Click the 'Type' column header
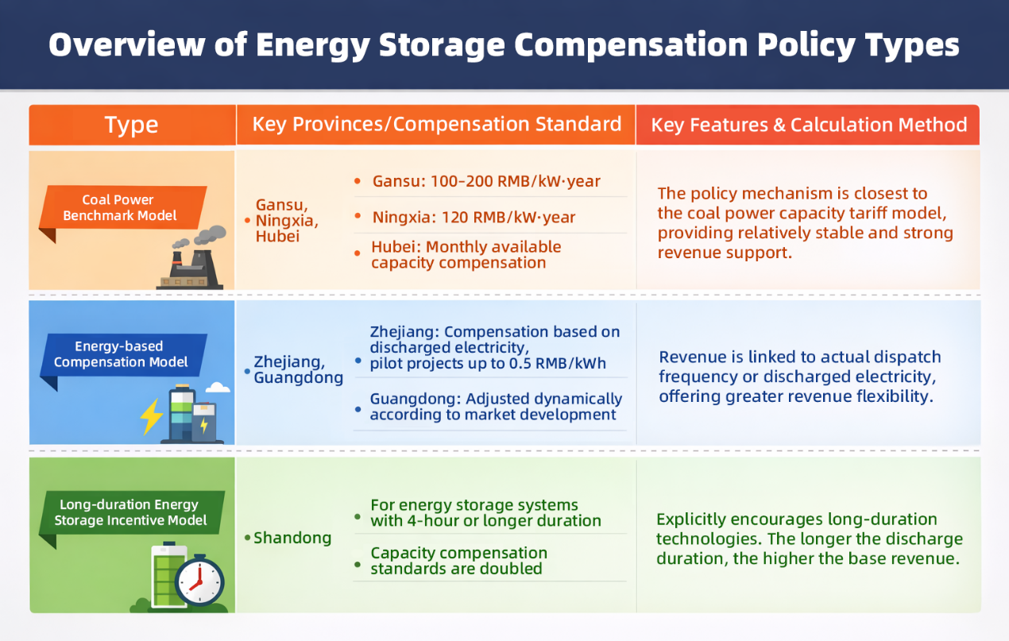[x=131, y=125]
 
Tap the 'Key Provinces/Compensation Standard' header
[x=436, y=125]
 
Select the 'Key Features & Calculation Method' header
[x=809, y=125]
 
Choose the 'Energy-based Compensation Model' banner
[x=120, y=354]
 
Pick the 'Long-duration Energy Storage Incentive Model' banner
[x=130, y=512]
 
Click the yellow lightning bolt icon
[x=150, y=415]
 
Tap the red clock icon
[x=199, y=581]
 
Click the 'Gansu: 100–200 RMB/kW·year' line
[x=486, y=182]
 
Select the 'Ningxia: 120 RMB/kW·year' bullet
[x=474, y=218]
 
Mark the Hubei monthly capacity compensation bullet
[x=466, y=255]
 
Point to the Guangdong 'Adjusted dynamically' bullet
[x=495, y=407]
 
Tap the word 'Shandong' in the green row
[x=292, y=539]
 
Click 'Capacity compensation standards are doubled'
[x=458, y=561]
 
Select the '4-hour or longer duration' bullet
[x=485, y=513]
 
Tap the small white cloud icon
[x=217, y=388]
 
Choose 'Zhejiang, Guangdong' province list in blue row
[x=298, y=370]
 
